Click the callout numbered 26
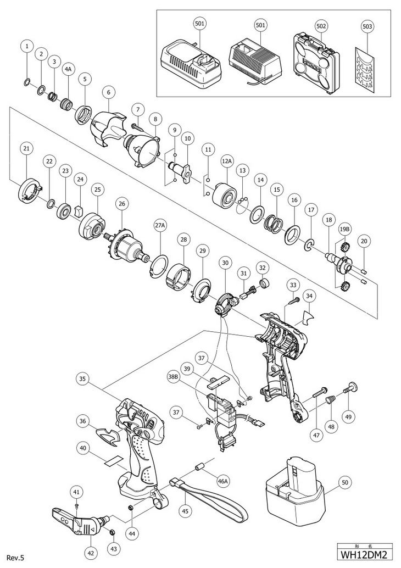click(121, 203)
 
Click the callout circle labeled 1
click(26, 47)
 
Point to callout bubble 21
click(26, 148)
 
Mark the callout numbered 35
click(83, 378)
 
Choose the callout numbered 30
click(224, 263)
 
